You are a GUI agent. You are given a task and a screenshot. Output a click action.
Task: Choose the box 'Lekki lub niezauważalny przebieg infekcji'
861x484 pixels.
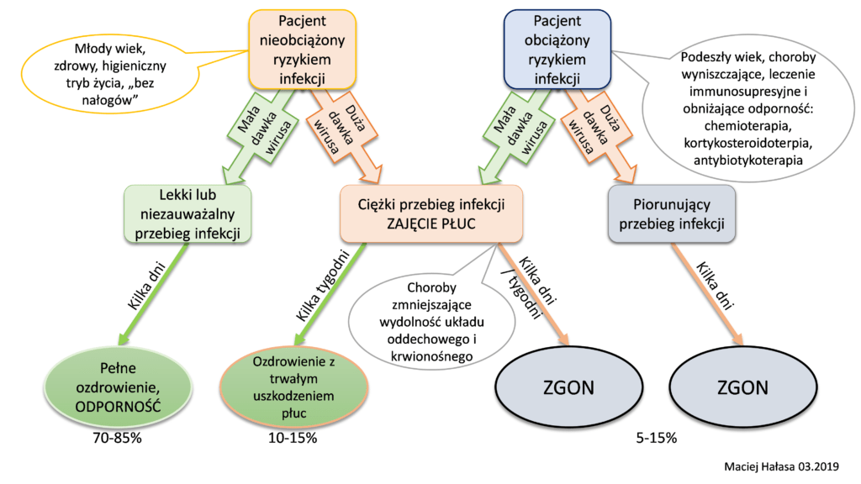188,214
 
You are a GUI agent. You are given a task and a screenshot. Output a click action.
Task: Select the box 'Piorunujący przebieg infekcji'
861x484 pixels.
672,214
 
